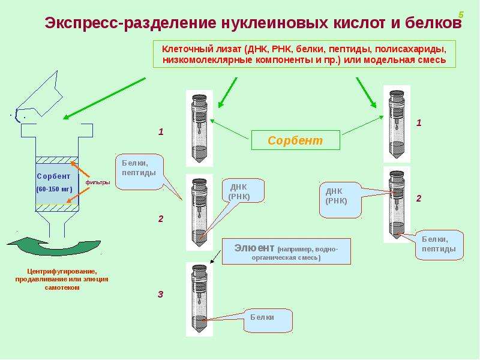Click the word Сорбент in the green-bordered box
pyautogui.click(x=295, y=140)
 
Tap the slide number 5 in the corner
pyautogui.click(x=461, y=14)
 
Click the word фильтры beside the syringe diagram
pyautogui.click(x=98, y=182)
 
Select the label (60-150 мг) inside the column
pyautogui.click(x=54, y=189)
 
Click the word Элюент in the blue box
pyautogui.click(x=254, y=248)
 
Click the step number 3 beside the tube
pyautogui.click(x=160, y=294)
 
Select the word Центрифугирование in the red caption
pyautogui.click(x=62, y=272)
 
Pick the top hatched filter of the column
pyautogui.click(x=57, y=160)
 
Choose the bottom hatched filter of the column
pyautogui.click(x=57, y=208)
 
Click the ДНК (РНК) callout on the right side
pyautogui.click(x=340, y=200)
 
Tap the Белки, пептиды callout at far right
pyautogui.click(x=439, y=245)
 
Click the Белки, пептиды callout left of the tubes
pyautogui.click(x=139, y=172)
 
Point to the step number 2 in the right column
pyautogui.click(x=418, y=199)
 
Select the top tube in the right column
pyautogui.click(x=397, y=124)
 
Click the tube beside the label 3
pyautogui.click(x=199, y=299)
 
